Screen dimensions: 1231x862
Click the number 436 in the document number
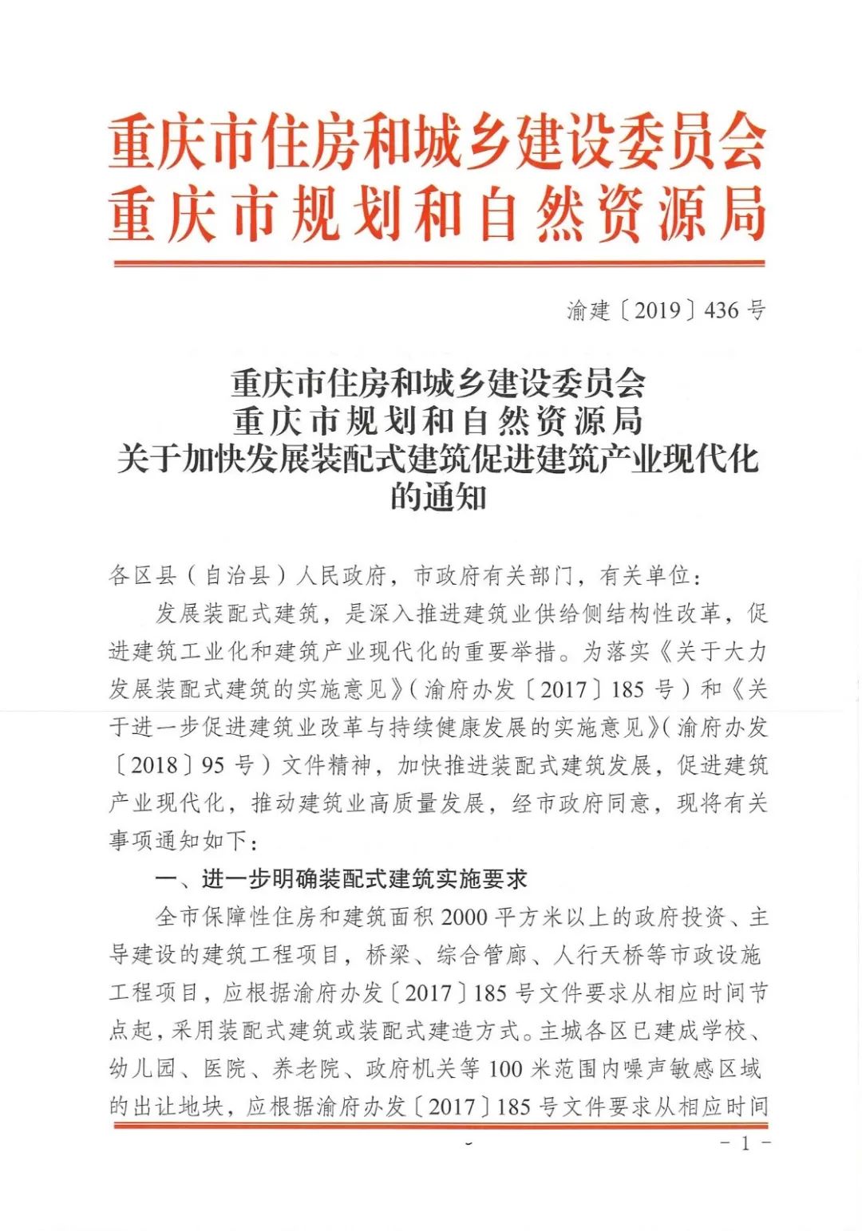tap(722, 310)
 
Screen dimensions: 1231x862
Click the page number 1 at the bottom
tap(745, 1144)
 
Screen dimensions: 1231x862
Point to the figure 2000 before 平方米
tap(464, 917)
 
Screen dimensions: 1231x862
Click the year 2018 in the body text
tap(154, 765)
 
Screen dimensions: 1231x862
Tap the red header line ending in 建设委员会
tap(437, 143)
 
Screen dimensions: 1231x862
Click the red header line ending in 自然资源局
tap(437, 214)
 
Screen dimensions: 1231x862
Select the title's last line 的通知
tap(438, 499)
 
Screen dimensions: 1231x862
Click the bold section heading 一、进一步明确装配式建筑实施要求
tap(341, 880)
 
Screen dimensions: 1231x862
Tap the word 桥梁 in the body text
tap(388, 955)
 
